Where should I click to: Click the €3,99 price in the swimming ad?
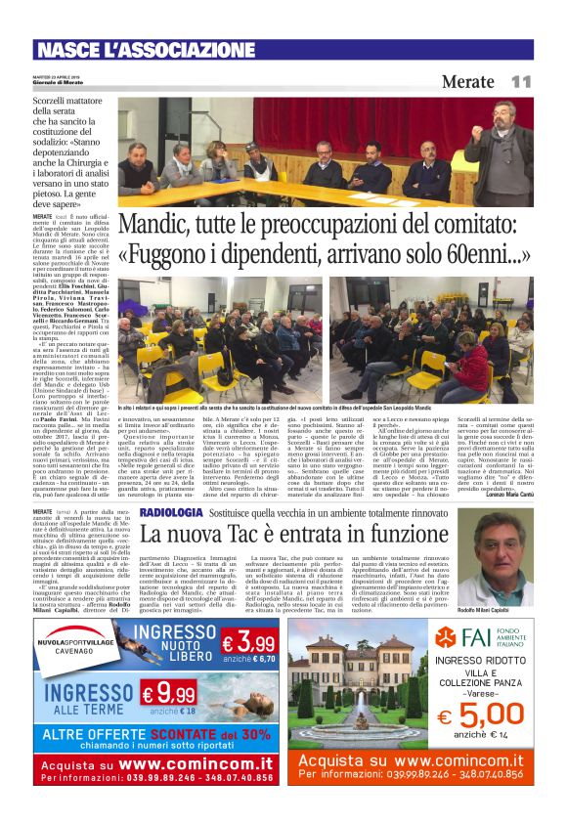pyautogui.click(x=248, y=642)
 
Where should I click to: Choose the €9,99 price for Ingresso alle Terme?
pyautogui.click(x=168, y=695)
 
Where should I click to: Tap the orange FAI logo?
pyautogui.click(x=447, y=637)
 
